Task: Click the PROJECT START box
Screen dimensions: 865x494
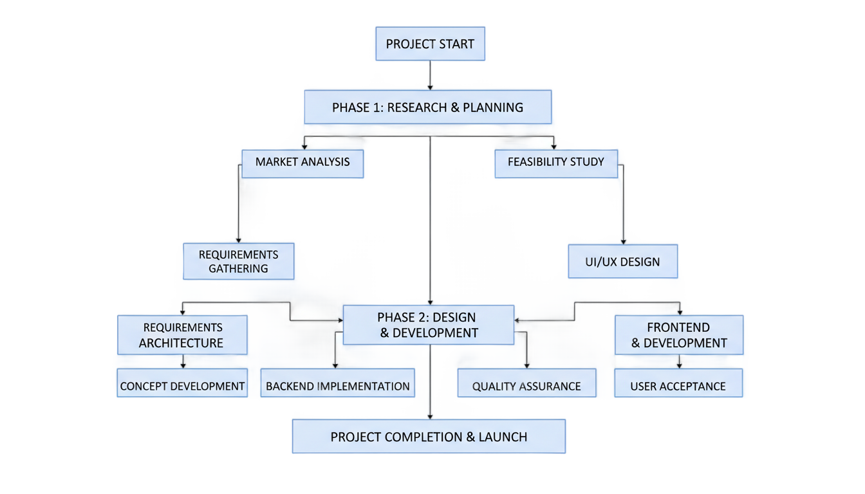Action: [430, 44]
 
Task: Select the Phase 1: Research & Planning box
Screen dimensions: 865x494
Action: [428, 107]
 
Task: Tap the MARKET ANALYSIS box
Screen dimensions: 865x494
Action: [302, 163]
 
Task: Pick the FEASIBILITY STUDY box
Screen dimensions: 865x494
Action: [556, 163]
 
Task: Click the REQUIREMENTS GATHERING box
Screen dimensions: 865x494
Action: [239, 261]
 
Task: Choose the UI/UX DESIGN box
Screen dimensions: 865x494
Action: [623, 261]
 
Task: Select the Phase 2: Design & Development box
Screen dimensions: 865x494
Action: [429, 325]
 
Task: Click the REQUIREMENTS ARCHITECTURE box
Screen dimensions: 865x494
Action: [182, 335]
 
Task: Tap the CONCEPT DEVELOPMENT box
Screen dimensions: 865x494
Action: [182, 383]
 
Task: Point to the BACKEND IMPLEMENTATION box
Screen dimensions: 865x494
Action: [337, 383]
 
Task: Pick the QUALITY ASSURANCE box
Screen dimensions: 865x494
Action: [526, 383]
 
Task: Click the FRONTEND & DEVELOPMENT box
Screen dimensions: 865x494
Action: [679, 335]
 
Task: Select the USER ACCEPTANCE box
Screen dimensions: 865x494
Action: [678, 383]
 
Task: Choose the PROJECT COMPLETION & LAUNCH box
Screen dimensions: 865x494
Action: [429, 437]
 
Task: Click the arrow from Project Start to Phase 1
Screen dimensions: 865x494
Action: [430, 75]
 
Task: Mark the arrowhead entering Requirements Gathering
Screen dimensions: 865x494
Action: [239, 241]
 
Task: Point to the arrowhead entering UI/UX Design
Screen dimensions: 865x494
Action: [623, 242]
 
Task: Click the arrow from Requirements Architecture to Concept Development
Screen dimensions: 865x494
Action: [183, 361]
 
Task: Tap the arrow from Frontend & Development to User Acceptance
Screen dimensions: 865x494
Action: [679, 361]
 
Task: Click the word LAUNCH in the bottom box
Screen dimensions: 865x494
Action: [503, 437]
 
